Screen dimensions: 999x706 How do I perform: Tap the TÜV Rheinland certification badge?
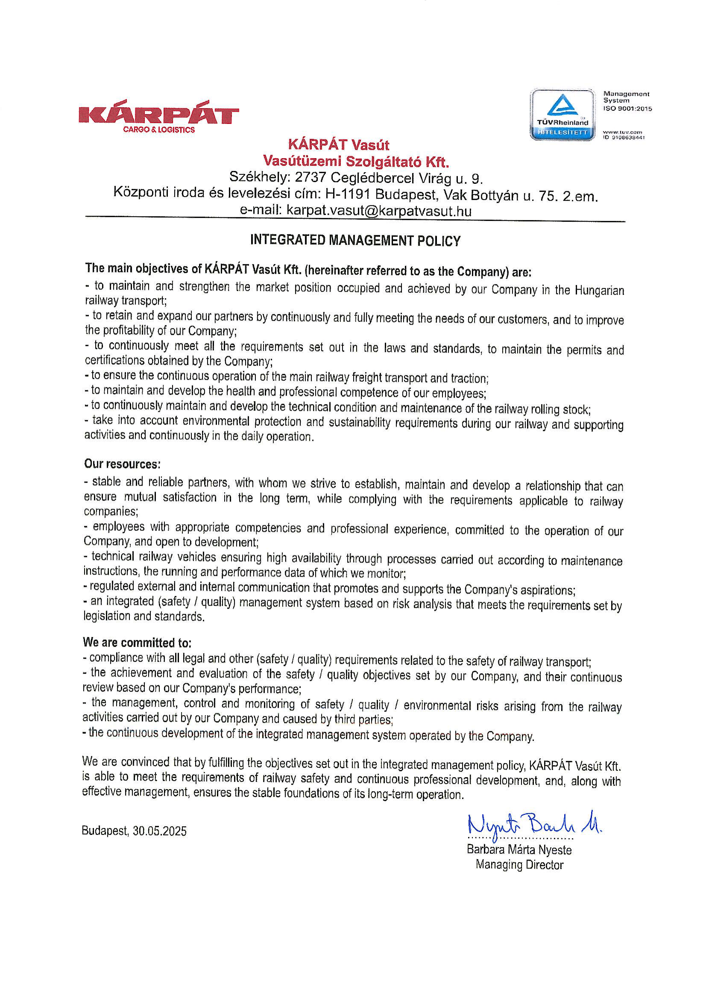[562, 115]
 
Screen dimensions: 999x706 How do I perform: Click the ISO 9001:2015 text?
[627, 109]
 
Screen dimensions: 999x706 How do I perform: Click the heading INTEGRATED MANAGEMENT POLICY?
[355, 241]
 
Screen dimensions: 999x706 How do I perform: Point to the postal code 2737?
[310, 178]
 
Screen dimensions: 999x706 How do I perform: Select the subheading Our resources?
[123, 464]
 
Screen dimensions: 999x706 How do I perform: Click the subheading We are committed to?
[137, 642]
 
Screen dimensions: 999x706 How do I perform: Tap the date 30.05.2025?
[160, 831]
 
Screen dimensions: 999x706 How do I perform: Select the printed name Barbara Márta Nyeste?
[519, 850]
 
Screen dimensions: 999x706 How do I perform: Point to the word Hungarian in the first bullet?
[599, 291]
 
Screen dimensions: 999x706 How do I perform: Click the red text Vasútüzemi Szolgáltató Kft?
[356, 162]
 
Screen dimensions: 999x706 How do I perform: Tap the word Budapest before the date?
[105, 831]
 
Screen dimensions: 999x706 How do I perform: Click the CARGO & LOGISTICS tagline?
[159, 130]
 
